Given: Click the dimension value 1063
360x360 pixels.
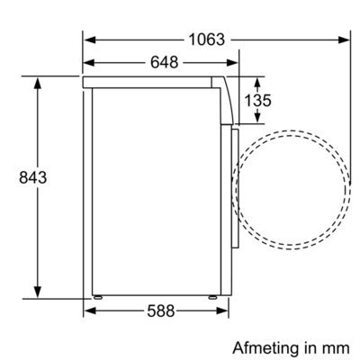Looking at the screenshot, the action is click(x=207, y=40).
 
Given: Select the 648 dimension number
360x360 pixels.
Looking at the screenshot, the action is click(x=164, y=62).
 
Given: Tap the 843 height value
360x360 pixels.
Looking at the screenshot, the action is click(x=33, y=177).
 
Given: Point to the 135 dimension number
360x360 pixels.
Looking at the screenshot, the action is click(x=257, y=100).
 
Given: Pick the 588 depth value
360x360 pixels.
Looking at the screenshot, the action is click(x=161, y=310).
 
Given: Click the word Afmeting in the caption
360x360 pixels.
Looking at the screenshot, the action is click(x=265, y=349).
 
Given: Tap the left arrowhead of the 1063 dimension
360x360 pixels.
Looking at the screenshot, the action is click(x=90, y=40).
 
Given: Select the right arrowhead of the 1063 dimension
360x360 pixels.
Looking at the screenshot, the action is click(x=344, y=40).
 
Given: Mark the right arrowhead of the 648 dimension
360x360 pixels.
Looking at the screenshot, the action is click(x=232, y=63).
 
